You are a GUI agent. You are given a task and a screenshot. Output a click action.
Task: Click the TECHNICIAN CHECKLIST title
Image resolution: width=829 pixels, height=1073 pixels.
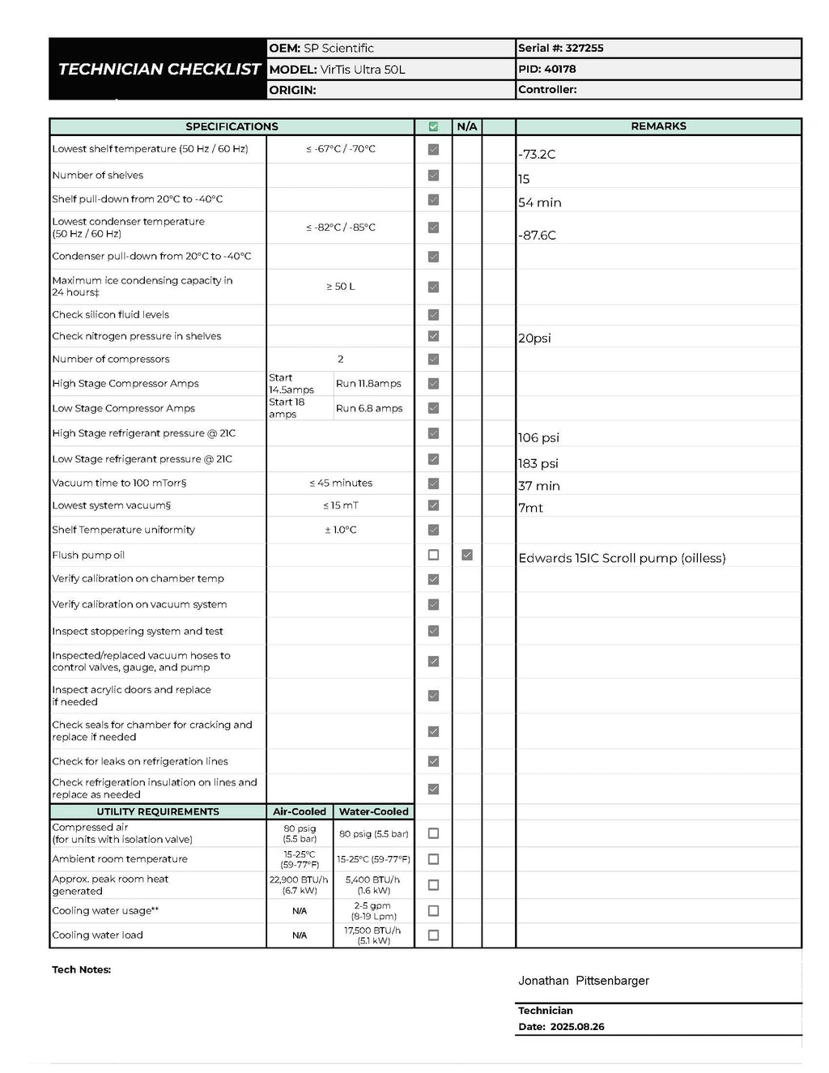point(159,70)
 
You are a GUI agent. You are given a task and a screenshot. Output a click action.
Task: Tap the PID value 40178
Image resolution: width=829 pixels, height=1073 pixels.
point(560,70)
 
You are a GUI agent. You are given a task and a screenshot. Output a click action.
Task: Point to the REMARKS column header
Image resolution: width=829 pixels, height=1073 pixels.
point(658,126)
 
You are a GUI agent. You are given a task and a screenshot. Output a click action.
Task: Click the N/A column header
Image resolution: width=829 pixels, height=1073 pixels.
point(467,126)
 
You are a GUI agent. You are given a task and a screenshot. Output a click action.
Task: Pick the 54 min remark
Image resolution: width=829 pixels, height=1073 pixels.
point(540,202)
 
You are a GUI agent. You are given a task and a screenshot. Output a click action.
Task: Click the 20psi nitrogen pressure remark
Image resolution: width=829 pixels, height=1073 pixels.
point(534,338)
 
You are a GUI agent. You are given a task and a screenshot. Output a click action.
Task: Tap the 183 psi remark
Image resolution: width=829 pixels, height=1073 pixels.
point(538,463)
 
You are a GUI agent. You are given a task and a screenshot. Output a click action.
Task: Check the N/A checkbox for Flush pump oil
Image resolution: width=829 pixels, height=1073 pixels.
point(467,555)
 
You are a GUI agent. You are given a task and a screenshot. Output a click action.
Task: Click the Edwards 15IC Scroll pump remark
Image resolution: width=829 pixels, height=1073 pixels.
point(622,558)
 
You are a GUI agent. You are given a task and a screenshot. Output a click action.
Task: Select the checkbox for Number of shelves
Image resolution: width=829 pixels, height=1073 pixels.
point(433,175)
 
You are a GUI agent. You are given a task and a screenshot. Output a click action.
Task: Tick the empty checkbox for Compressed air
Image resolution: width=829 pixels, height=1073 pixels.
point(433,833)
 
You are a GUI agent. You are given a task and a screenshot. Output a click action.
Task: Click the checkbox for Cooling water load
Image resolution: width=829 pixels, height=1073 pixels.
point(433,935)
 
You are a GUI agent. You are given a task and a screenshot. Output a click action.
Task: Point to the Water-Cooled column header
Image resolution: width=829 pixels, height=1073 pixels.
point(373,811)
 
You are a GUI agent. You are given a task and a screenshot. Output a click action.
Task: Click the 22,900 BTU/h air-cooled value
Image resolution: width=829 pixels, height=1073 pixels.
point(299,879)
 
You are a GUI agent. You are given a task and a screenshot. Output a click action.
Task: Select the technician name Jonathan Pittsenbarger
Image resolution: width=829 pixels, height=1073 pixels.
point(584,981)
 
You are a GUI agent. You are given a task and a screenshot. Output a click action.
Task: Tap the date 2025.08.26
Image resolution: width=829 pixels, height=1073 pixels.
point(577,1027)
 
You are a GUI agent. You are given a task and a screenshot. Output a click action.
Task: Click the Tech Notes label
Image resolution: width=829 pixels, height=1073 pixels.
point(81,969)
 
